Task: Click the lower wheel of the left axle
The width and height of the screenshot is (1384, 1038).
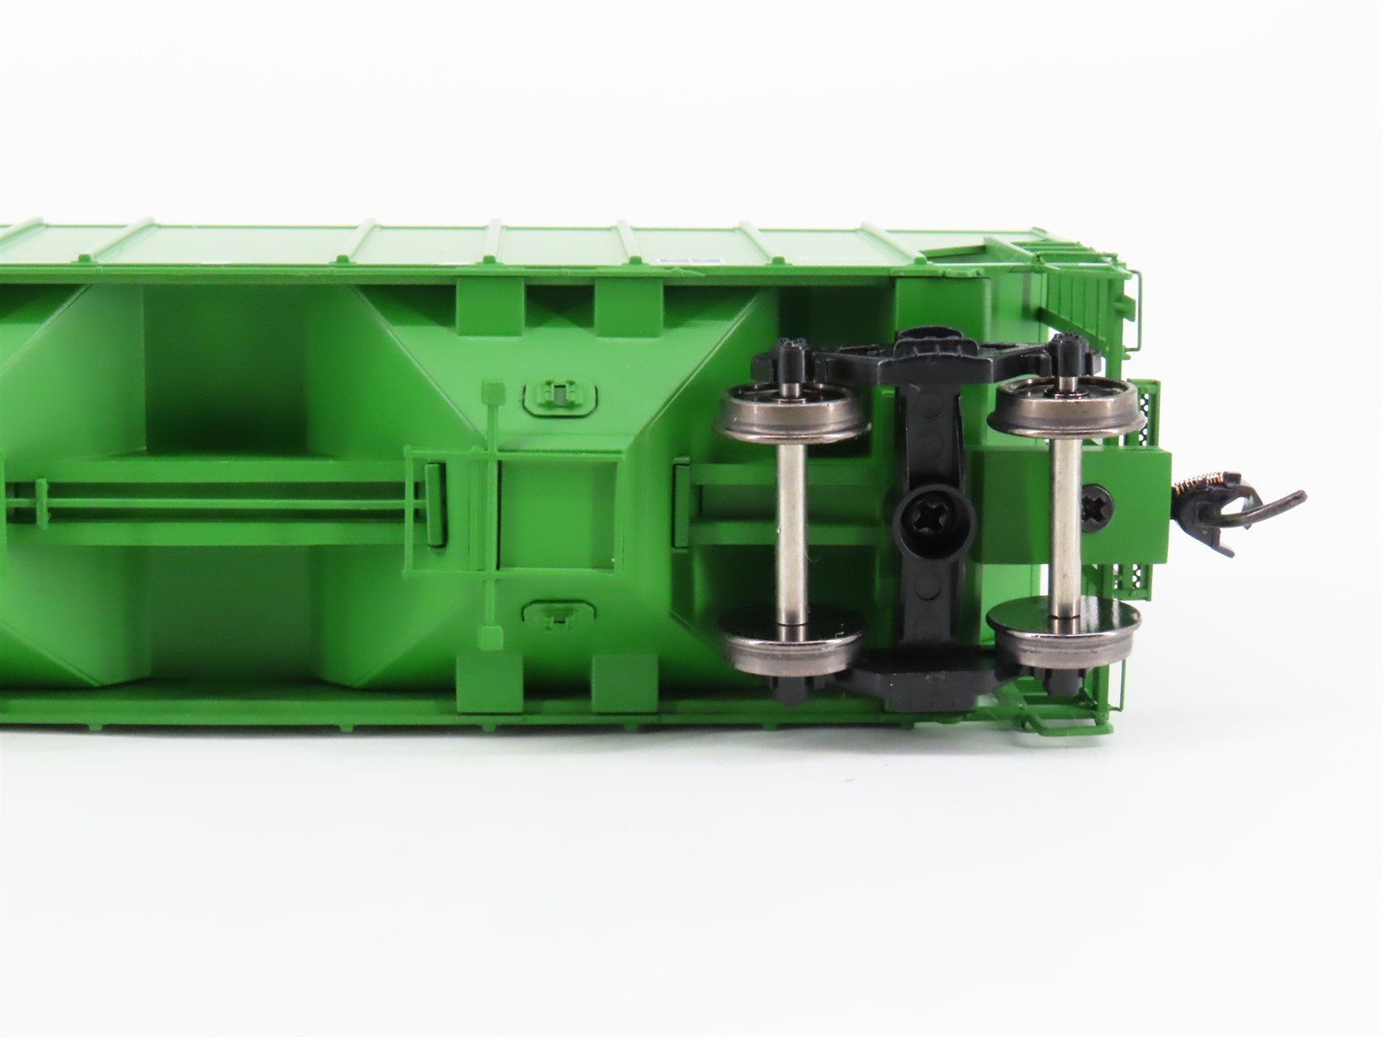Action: [791, 635]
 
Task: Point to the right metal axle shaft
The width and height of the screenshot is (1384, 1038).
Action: [1065, 519]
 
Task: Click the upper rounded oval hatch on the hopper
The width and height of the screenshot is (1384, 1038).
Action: [561, 397]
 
